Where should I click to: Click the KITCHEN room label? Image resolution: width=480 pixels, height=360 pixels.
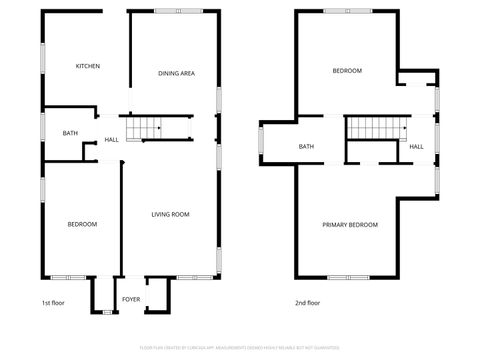pos(88,66)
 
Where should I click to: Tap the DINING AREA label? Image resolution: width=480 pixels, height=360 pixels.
pos(176,73)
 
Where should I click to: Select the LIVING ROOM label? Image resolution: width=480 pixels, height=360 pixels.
pos(170,214)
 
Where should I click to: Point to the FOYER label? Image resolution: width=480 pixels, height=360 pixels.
pos(131,299)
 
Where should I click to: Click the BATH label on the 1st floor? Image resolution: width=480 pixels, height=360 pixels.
pos(70,133)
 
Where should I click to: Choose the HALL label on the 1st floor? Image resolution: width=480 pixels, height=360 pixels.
pos(111,139)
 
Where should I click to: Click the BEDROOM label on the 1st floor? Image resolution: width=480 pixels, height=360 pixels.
pos(82,224)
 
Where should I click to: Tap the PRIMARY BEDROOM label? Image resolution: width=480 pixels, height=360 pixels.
pos(350,225)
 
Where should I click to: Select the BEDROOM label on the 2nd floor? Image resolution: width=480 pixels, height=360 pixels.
pos(347,71)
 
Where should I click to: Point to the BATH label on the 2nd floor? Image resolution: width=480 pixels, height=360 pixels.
pos(306,147)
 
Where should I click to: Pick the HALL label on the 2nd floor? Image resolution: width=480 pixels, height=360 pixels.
pos(416,147)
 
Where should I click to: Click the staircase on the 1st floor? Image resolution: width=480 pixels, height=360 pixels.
pos(148,127)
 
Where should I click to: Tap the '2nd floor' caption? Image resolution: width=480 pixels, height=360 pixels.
pos(308,302)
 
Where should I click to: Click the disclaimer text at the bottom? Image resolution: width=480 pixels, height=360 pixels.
pos(240,348)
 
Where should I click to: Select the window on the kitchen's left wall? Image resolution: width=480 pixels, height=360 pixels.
pos(41,57)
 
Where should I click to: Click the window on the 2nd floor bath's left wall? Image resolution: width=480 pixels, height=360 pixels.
pos(260,142)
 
